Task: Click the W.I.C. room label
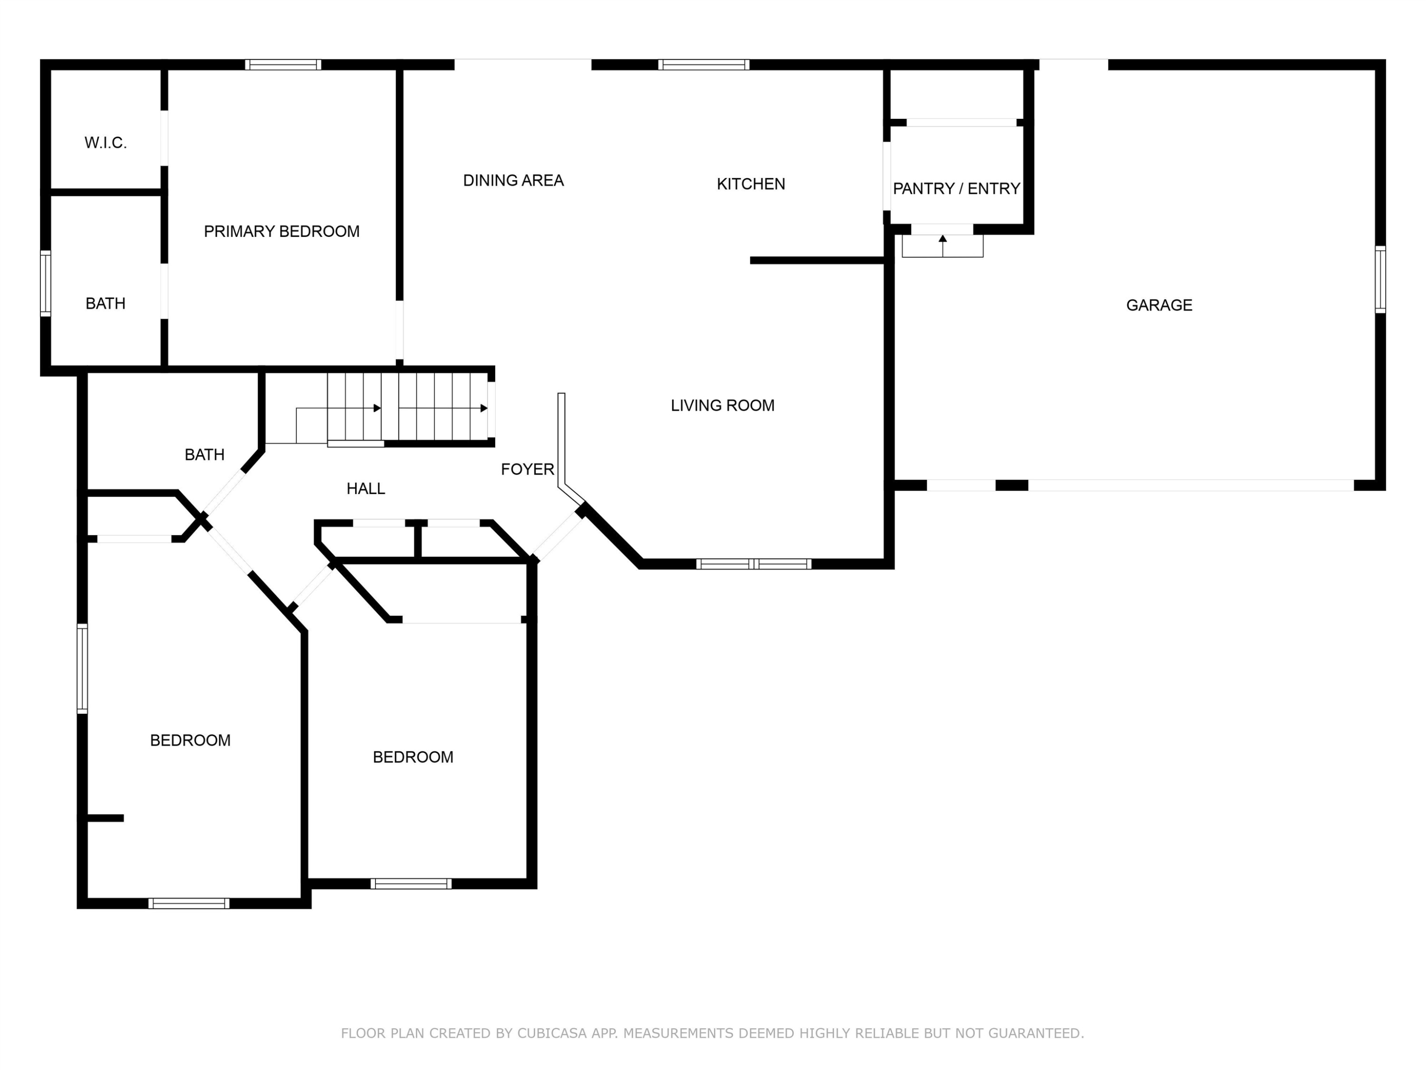pos(106,143)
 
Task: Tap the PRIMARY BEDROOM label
pos(282,232)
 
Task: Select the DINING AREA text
pos(513,181)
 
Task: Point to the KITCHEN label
pos(751,184)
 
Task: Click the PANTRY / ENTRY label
pos(957,188)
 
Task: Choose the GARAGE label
pos(1159,305)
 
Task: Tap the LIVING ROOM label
pos(723,405)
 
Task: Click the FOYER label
pos(527,469)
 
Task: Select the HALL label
pos(366,489)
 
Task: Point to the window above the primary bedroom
pos(283,65)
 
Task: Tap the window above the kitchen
pos(703,65)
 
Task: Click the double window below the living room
pos(753,564)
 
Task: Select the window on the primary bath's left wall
pos(45,284)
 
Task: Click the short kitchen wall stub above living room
pos(817,261)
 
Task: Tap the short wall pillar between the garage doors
pos(1012,485)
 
